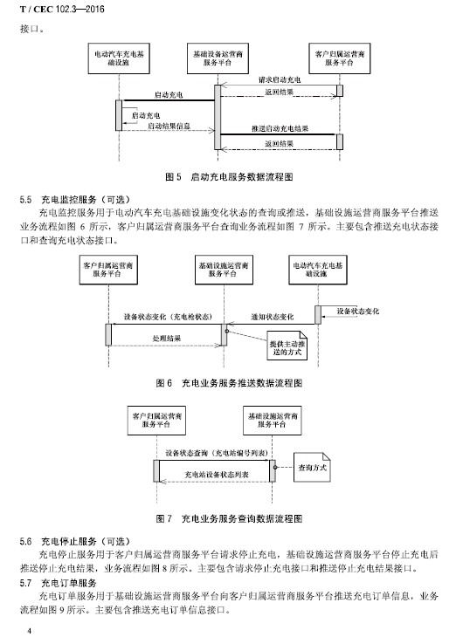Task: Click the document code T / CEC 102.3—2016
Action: click(62, 9)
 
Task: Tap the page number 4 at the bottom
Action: click(29, 630)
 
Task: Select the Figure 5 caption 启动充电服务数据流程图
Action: click(242, 177)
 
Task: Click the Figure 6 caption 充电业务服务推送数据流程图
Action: click(242, 383)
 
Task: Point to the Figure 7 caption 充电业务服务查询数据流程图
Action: click(242, 519)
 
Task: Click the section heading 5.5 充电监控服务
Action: click(75, 200)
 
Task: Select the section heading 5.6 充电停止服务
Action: click(75, 542)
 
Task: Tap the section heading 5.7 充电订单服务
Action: click(59, 584)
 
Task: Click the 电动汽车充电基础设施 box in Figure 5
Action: click(119, 58)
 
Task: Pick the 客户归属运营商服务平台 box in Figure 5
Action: click(339, 58)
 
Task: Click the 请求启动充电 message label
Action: click(280, 79)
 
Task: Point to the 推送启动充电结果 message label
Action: click(280, 129)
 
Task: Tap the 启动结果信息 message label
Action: click(169, 126)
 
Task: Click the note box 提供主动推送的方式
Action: click(287, 346)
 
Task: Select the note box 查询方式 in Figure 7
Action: click(312, 468)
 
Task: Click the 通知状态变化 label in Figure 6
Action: click(272, 317)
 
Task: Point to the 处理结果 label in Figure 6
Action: click(166, 338)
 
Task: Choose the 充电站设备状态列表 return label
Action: click(217, 475)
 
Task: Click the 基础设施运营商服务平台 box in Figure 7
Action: click(273, 421)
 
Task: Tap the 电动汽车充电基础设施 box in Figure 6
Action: click(318, 270)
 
